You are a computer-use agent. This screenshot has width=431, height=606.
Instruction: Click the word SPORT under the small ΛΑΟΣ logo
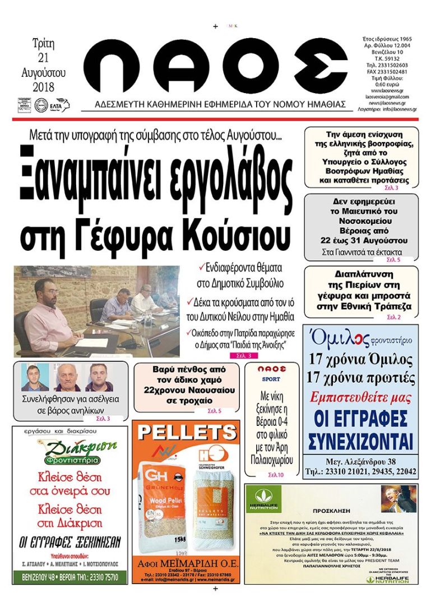click(271, 379)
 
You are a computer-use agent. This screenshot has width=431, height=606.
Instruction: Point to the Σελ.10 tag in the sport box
click(276, 475)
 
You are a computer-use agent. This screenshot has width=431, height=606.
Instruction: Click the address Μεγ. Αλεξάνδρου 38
click(360, 462)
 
